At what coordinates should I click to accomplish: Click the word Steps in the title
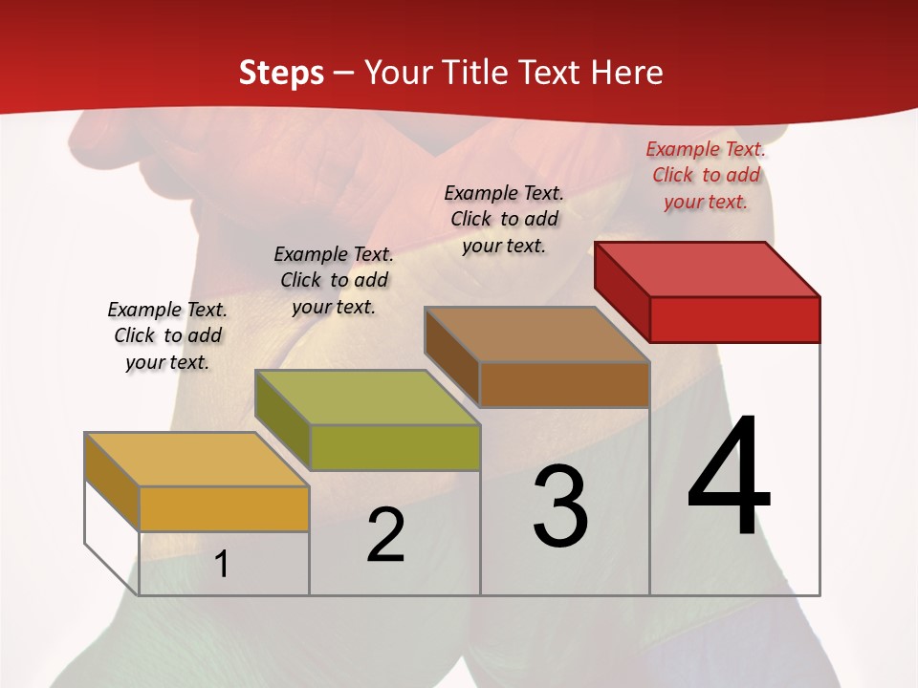click(281, 73)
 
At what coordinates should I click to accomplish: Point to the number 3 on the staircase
click(560, 506)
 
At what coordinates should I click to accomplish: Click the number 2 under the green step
click(385, 535)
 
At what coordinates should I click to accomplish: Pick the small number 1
click(222, 564)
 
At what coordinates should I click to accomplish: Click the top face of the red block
click(708, 269)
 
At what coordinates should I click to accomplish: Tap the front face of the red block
click(734, 319)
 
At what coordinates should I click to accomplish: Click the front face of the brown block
click(564, 384)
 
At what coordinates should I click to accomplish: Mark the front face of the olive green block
click(394, 447)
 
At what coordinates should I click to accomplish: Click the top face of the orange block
click(197, 460)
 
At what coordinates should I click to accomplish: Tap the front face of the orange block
click(224, 508)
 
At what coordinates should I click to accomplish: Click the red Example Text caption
click(706, 175)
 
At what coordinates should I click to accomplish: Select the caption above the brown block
click(504, 219)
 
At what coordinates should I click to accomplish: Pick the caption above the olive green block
click(334, 280)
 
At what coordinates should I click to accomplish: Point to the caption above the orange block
click(167, 335)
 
